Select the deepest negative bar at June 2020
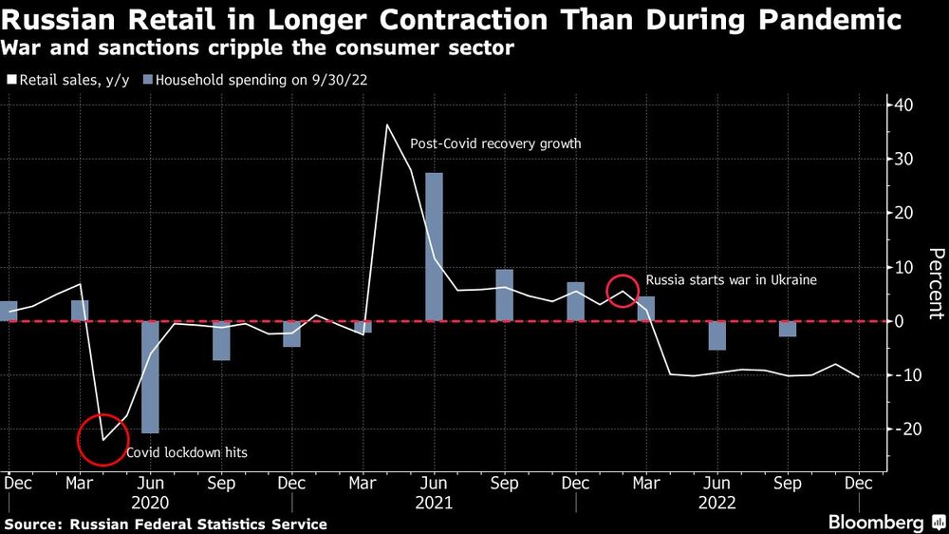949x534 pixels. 150,377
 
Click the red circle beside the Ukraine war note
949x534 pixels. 623,290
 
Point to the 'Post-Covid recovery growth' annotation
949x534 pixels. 494,144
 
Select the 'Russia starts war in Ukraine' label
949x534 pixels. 731,280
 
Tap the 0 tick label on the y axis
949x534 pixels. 902,321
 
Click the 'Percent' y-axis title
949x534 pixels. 935,282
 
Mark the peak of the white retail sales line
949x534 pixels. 386,125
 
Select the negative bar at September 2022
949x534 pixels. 787,329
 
